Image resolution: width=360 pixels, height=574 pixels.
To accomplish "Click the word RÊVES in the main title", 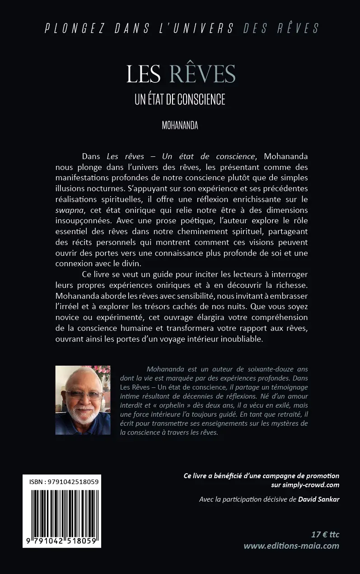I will [x=202, y=74].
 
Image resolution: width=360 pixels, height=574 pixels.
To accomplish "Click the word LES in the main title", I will [x=144, y=74].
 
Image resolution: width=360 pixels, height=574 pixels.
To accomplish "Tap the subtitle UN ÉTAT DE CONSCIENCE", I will [x=180, y=99].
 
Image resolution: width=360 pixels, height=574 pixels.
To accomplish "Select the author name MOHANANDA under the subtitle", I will [x=180, y=126].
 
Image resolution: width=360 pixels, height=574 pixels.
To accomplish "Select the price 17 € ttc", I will [x=325, y=535].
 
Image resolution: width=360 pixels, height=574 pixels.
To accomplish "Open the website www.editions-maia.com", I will [x=291, y=546].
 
